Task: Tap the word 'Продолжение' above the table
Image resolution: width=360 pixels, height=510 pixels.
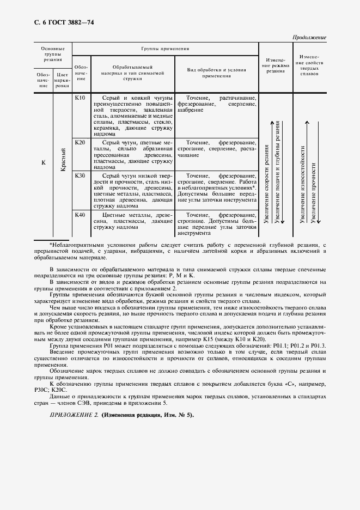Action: point(310,38)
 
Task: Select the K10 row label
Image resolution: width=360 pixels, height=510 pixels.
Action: point(80,98)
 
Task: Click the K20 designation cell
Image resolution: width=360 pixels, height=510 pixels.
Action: point(80,142)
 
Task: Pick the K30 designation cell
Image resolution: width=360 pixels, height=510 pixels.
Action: point(80,176)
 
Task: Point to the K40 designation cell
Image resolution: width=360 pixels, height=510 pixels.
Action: point(80,215)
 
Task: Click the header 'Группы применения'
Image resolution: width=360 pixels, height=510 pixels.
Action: point(165,48)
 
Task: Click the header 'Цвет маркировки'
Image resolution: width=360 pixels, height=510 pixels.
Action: point(63,80)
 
